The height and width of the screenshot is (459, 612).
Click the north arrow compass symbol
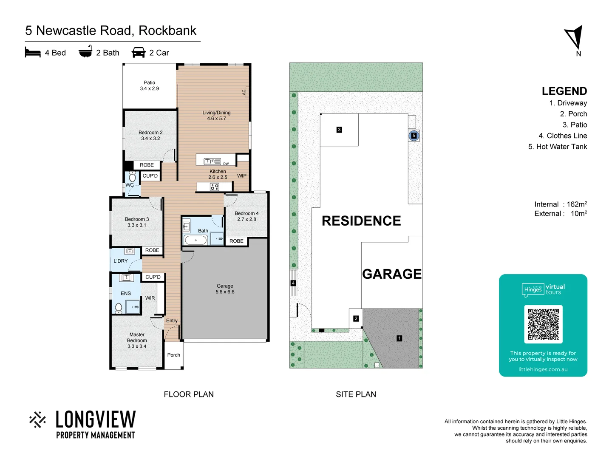pos(575,37)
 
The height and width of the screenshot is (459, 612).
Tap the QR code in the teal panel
pos(543,324)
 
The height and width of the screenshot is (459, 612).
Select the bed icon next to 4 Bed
pos(33,52)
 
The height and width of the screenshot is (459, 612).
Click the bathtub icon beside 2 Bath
pos(85,51)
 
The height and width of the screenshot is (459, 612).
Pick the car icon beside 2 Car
pos(139,52)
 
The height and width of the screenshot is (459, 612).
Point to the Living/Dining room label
pos(216,116)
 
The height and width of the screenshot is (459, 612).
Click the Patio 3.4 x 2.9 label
pos(149,85)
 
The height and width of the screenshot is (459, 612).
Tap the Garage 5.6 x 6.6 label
pos(225,289)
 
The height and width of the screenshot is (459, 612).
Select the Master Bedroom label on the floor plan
pos(137,340)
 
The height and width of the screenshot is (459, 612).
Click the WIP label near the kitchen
pos(241,176)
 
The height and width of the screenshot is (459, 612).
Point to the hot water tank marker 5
pos(414,136)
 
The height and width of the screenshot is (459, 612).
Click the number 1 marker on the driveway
pos(399,338)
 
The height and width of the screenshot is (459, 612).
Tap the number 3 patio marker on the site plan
pos(339,130)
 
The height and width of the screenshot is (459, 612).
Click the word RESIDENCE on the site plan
pos(361,221)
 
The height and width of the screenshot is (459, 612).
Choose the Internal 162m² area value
pos(576,204)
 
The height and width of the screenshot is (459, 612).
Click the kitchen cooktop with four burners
pos(215,187)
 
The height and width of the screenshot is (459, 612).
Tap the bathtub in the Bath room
pos(195,240)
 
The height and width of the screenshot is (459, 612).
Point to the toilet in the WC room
pos(132,177)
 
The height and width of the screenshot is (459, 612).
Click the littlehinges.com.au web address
pos(543,369)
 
